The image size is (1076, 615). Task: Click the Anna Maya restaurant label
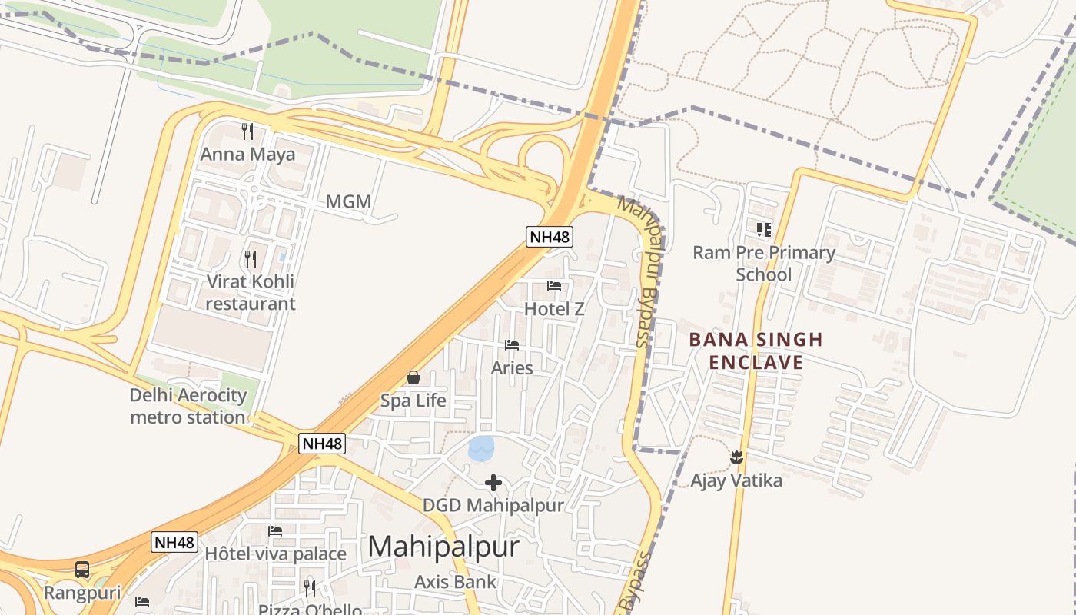point(247,155)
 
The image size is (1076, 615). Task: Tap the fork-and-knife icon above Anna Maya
point(247,131)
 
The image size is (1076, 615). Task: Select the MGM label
point(348,202)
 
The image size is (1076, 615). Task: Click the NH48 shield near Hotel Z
point(550,236)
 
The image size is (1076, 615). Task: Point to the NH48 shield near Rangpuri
point(174,542)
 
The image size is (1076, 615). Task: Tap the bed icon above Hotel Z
point(554,286)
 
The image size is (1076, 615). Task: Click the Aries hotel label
point(512,368)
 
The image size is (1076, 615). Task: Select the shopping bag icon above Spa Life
point(413,377)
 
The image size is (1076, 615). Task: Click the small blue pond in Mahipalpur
point(482,449)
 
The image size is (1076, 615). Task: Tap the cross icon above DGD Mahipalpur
point(493,483)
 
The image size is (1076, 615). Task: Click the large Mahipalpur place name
point(443,547)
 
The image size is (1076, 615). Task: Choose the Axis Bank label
point(456,582)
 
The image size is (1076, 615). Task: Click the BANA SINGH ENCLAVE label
point(756,351)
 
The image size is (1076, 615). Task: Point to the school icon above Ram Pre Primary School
point(763,229)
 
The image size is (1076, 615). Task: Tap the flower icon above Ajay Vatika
point(736,457)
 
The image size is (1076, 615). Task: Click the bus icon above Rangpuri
point(82,570)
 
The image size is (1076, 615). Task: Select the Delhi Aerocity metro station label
point(188,407)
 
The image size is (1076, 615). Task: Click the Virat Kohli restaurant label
point(250,292)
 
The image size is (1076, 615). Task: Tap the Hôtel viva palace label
point(275,553)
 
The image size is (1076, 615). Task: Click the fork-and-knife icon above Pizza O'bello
point(310,589)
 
